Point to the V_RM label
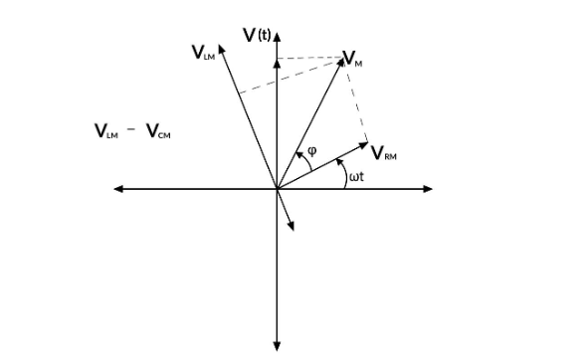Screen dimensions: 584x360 pos(384,153)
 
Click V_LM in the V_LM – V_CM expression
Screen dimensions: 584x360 pos(105,131)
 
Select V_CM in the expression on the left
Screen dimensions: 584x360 pos(157,131)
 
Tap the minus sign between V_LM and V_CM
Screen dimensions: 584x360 pos(131,131)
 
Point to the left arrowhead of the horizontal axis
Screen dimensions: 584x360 pos(118,188)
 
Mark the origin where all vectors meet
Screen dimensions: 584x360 pos(277,188)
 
